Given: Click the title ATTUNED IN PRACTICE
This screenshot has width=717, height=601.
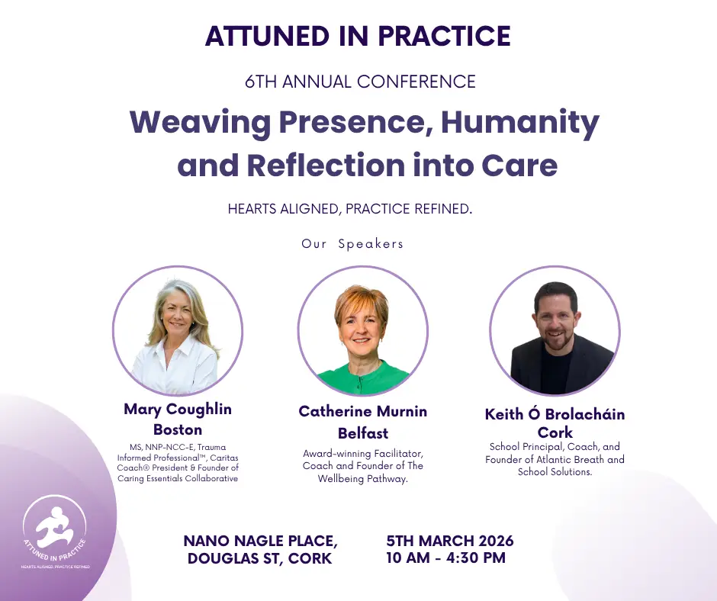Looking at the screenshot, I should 358,36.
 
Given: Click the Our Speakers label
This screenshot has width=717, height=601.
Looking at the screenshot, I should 352,244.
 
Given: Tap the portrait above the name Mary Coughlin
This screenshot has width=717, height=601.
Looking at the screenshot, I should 178,330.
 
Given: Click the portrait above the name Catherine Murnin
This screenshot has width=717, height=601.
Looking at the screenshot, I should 362,330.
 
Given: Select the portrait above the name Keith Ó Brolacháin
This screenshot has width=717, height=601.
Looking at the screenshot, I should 555,330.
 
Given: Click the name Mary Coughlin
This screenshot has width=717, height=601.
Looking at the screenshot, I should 178,410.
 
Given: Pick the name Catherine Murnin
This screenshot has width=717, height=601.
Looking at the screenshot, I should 362,412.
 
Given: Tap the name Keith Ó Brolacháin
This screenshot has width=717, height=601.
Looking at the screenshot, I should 555,415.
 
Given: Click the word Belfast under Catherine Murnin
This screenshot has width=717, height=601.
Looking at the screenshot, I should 363,433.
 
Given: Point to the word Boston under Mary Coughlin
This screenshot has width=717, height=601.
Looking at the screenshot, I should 178,429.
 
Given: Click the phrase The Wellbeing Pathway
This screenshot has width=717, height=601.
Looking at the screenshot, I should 363,478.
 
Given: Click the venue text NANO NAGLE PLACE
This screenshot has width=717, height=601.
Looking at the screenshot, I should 260,542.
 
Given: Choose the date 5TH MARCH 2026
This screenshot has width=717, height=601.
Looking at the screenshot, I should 450,542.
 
